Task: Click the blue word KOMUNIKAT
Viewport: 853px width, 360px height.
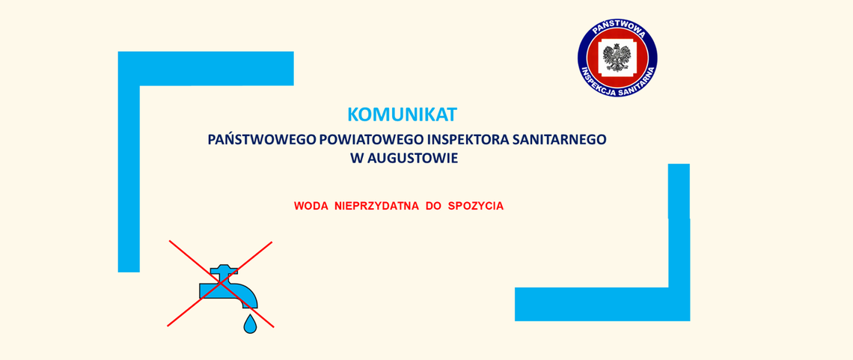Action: pyautogui.click(x=402, y=115)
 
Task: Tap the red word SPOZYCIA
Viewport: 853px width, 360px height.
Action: pyautogui.click(x=475, y=206)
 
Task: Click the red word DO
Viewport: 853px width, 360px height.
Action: pyautogui.click(x=433, y=206)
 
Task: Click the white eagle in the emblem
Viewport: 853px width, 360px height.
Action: pyautogui.click(x=617, y=57)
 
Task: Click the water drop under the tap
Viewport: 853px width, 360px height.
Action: pyautogui.click(x=250, y=324)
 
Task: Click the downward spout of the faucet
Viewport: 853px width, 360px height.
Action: pyautogui.click(x=248, y=299)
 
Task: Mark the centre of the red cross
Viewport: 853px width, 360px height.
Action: pyautogui.click(x=220, y=284)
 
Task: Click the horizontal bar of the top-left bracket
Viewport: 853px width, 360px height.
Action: pyautogui.click(x=206, y=68)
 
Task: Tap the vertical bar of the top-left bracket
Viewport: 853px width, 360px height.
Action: pyautogui.click(x=129, y=172)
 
